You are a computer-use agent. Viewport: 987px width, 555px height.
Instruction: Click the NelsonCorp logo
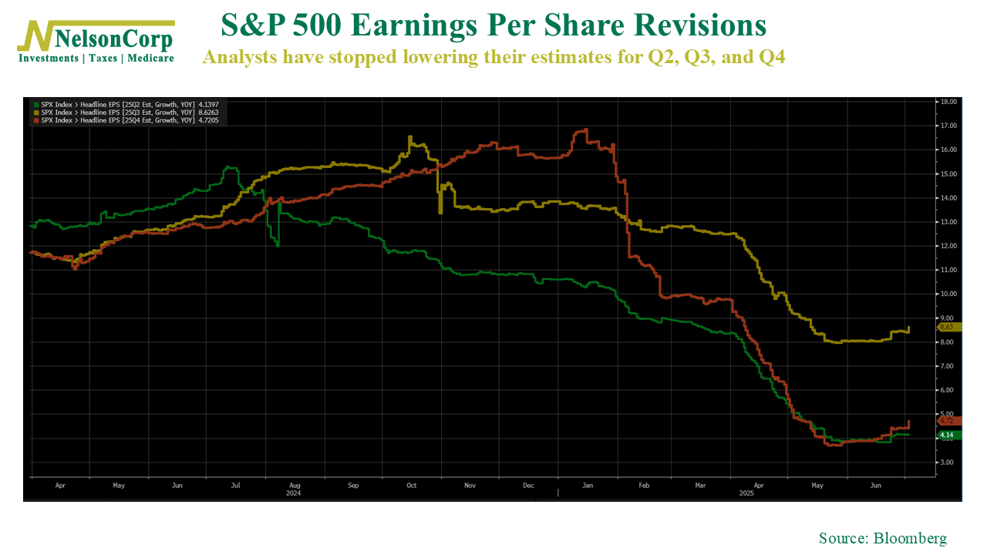click(96, 35)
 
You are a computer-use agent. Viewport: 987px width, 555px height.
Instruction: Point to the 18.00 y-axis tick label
click(946, 102)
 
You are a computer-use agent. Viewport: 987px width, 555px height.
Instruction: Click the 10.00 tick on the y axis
click(946, 294)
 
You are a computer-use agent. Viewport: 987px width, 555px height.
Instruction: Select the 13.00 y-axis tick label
click(946, 222)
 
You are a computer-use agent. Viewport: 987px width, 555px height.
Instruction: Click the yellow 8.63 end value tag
click(946, 327)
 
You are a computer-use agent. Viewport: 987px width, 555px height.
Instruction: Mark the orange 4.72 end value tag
click(946, 421)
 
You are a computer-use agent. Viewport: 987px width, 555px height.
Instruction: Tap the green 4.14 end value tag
click(946, 436)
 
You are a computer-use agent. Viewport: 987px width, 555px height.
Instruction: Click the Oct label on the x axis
click(411, 486)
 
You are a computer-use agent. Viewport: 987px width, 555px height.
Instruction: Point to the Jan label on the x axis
click(587, 486)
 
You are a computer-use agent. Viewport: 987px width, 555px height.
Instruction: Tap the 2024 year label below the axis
click(293, 493)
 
